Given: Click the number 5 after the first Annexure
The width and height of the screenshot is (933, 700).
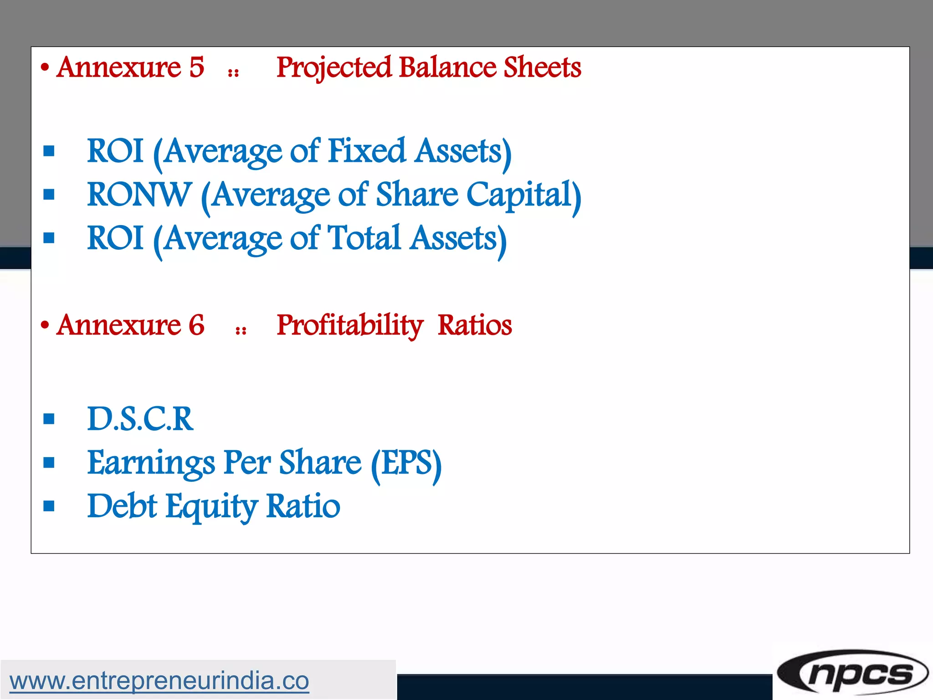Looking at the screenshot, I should (196, 67).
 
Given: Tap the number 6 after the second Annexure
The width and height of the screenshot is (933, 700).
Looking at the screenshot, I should (196, 325).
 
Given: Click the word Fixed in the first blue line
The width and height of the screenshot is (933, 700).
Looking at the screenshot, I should (366, 151).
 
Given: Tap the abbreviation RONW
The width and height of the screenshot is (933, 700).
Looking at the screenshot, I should (139, 195).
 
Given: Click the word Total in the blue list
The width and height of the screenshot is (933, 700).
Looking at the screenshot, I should (364, 238).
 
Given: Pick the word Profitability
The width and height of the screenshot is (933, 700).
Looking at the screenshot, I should (350, 325).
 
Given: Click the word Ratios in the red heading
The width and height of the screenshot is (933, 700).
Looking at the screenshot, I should (475, 325).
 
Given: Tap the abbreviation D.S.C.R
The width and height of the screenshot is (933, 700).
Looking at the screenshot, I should (140, 419).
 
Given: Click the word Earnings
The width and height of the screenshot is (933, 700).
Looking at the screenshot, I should (151, 463).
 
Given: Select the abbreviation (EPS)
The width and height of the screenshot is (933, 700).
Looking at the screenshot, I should (406, 463).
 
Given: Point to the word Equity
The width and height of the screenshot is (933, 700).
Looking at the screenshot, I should (211, 506).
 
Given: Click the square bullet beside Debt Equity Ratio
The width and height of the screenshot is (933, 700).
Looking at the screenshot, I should (49, 506).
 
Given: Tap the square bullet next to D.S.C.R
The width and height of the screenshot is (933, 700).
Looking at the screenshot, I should (49, 419).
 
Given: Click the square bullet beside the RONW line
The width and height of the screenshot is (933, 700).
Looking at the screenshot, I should (49, 195).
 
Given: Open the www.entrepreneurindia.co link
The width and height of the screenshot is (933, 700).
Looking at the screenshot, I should (159, 681).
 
